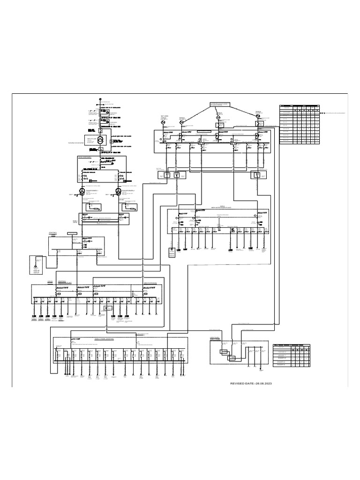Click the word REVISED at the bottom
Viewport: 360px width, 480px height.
(238, 383)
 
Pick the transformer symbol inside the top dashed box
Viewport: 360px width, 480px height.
(100, 141)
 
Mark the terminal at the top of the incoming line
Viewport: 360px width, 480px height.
(100, 99)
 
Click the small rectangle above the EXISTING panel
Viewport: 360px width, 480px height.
(72, 233)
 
